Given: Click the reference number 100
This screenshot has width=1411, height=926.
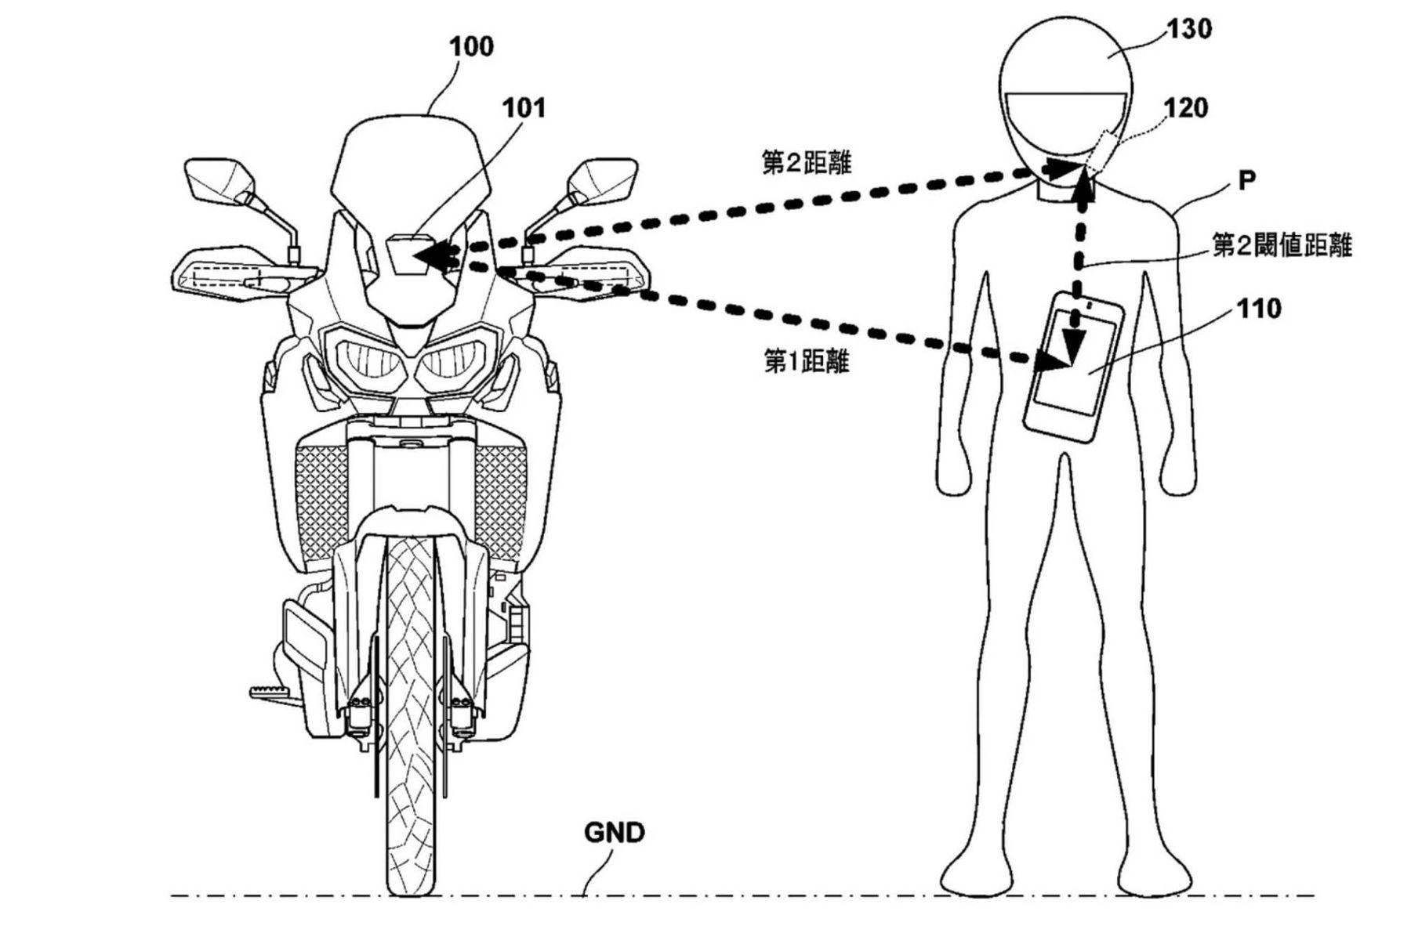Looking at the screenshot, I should coord(471,47).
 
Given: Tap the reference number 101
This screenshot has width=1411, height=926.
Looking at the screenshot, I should coord(524,108).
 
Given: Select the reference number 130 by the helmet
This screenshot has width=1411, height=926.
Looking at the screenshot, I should coord(1189,30).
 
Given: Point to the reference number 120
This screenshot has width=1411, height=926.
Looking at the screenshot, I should coord(1186,108).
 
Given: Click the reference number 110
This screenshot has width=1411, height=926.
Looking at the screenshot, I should coord(1259,309).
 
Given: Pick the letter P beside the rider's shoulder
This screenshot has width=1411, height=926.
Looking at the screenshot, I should coord(1246,181).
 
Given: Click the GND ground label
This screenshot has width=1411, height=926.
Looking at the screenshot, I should coord(614,832).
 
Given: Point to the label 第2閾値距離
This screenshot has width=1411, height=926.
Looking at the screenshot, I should coord(1282,246).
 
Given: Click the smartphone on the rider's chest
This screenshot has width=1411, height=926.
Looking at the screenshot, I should coord(1073,367).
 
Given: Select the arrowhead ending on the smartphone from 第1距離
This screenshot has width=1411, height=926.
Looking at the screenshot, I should coord(1054,361).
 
